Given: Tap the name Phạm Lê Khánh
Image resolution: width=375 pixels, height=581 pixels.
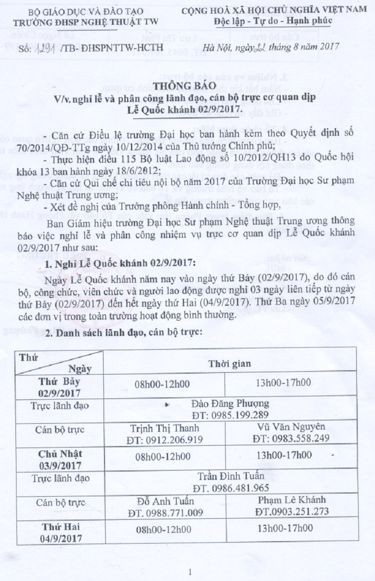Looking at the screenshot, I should click(291, 500).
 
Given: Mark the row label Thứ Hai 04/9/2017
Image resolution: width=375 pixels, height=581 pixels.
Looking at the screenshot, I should click(61, 532).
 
